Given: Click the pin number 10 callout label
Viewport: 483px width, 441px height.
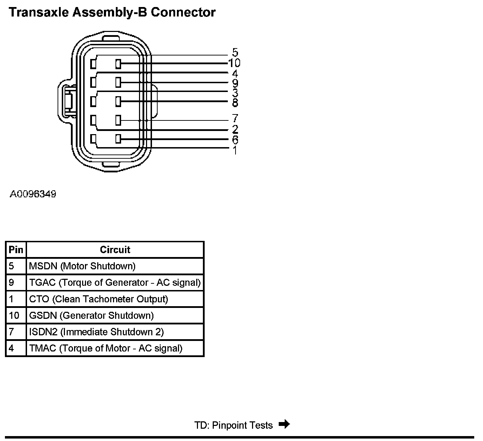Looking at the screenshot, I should (x=234, y=63).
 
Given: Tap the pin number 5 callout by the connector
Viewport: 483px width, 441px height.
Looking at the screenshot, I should (x=235, y=53).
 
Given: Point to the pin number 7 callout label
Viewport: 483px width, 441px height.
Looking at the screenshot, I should (x=235, y=118).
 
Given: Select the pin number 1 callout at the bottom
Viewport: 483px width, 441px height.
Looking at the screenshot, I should (x=235, y=150).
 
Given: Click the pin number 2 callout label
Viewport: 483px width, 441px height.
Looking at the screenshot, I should (x=235, y=129).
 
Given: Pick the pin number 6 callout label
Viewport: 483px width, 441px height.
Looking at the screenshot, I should (x=235, y=140).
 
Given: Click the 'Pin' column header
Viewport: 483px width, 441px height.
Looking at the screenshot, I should (x=16, y=250).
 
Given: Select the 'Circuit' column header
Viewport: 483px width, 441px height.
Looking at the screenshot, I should (x=115, y=250).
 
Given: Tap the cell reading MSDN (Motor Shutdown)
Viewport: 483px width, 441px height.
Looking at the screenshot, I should (x=82, y=266).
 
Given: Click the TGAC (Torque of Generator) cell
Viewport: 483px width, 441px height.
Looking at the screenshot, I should (x=115, y=283).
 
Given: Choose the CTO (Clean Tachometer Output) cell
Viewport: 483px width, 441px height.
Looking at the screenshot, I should (x=99, y=299).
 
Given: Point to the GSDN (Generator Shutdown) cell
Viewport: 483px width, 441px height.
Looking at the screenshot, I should (x=91, y=316).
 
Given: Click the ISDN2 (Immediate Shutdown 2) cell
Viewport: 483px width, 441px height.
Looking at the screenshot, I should (x=97, y=332).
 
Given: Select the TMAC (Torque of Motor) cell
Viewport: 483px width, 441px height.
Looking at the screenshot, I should (x=106, y=348).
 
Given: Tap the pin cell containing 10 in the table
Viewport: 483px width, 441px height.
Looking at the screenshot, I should (x=14, y=316).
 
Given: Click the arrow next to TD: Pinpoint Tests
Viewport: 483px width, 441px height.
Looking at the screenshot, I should (x=284, y=424).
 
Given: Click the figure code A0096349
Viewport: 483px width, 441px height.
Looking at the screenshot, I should (x=33, y=194).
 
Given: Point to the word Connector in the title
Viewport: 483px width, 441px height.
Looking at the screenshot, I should (x=183, y=12).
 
